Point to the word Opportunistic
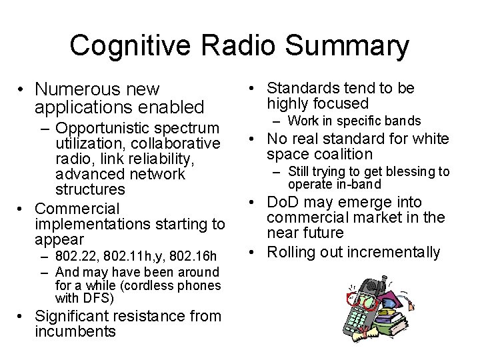pyautogui.click(x=105, y=127)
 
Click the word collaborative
pyautogui.click(x=178, y=143)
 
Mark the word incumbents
pyautogui.click(x=75, y=331)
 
